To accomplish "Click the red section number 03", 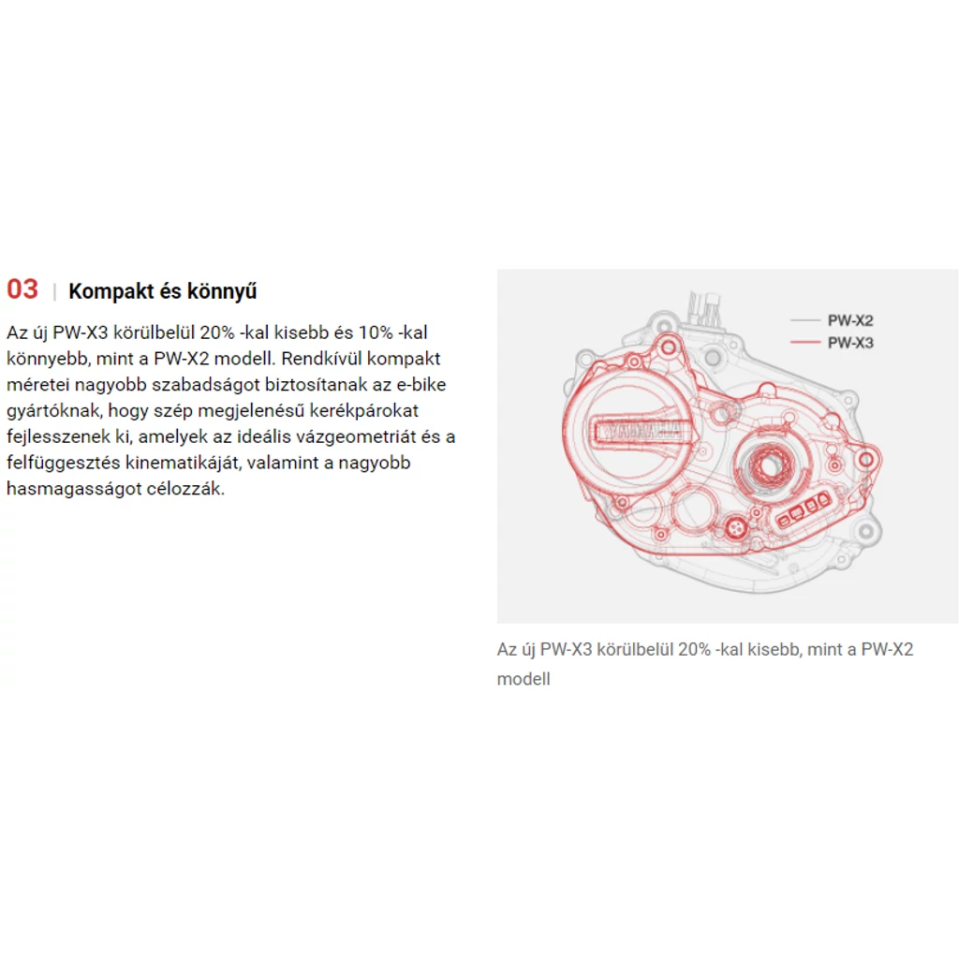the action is tap(22, 289).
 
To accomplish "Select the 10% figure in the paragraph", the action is tap(376, 332).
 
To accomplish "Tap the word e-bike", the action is tap(421, 384).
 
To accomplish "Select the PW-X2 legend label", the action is tap(850, 320).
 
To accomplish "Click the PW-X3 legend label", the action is tap(850, 343).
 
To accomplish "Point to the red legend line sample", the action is tap(804, 342).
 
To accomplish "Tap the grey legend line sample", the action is tap(804, 320).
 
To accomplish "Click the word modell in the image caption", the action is tap(524, 679).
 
